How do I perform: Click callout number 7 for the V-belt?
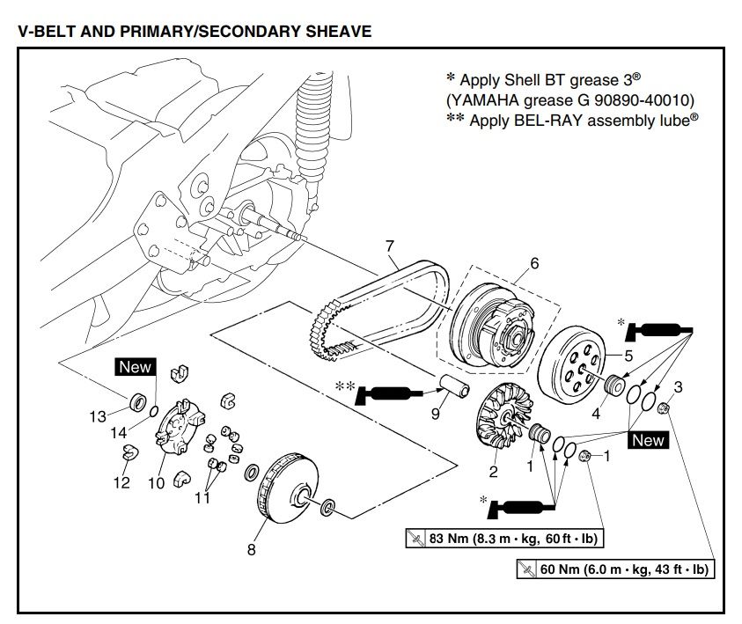pos(390,246)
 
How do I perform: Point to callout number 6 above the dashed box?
pos(533,263)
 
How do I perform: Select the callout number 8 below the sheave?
pos(251,550)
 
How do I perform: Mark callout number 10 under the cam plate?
pos(156,482)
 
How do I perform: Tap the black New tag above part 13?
pos(136,367)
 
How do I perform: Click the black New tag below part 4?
pos(648,440)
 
